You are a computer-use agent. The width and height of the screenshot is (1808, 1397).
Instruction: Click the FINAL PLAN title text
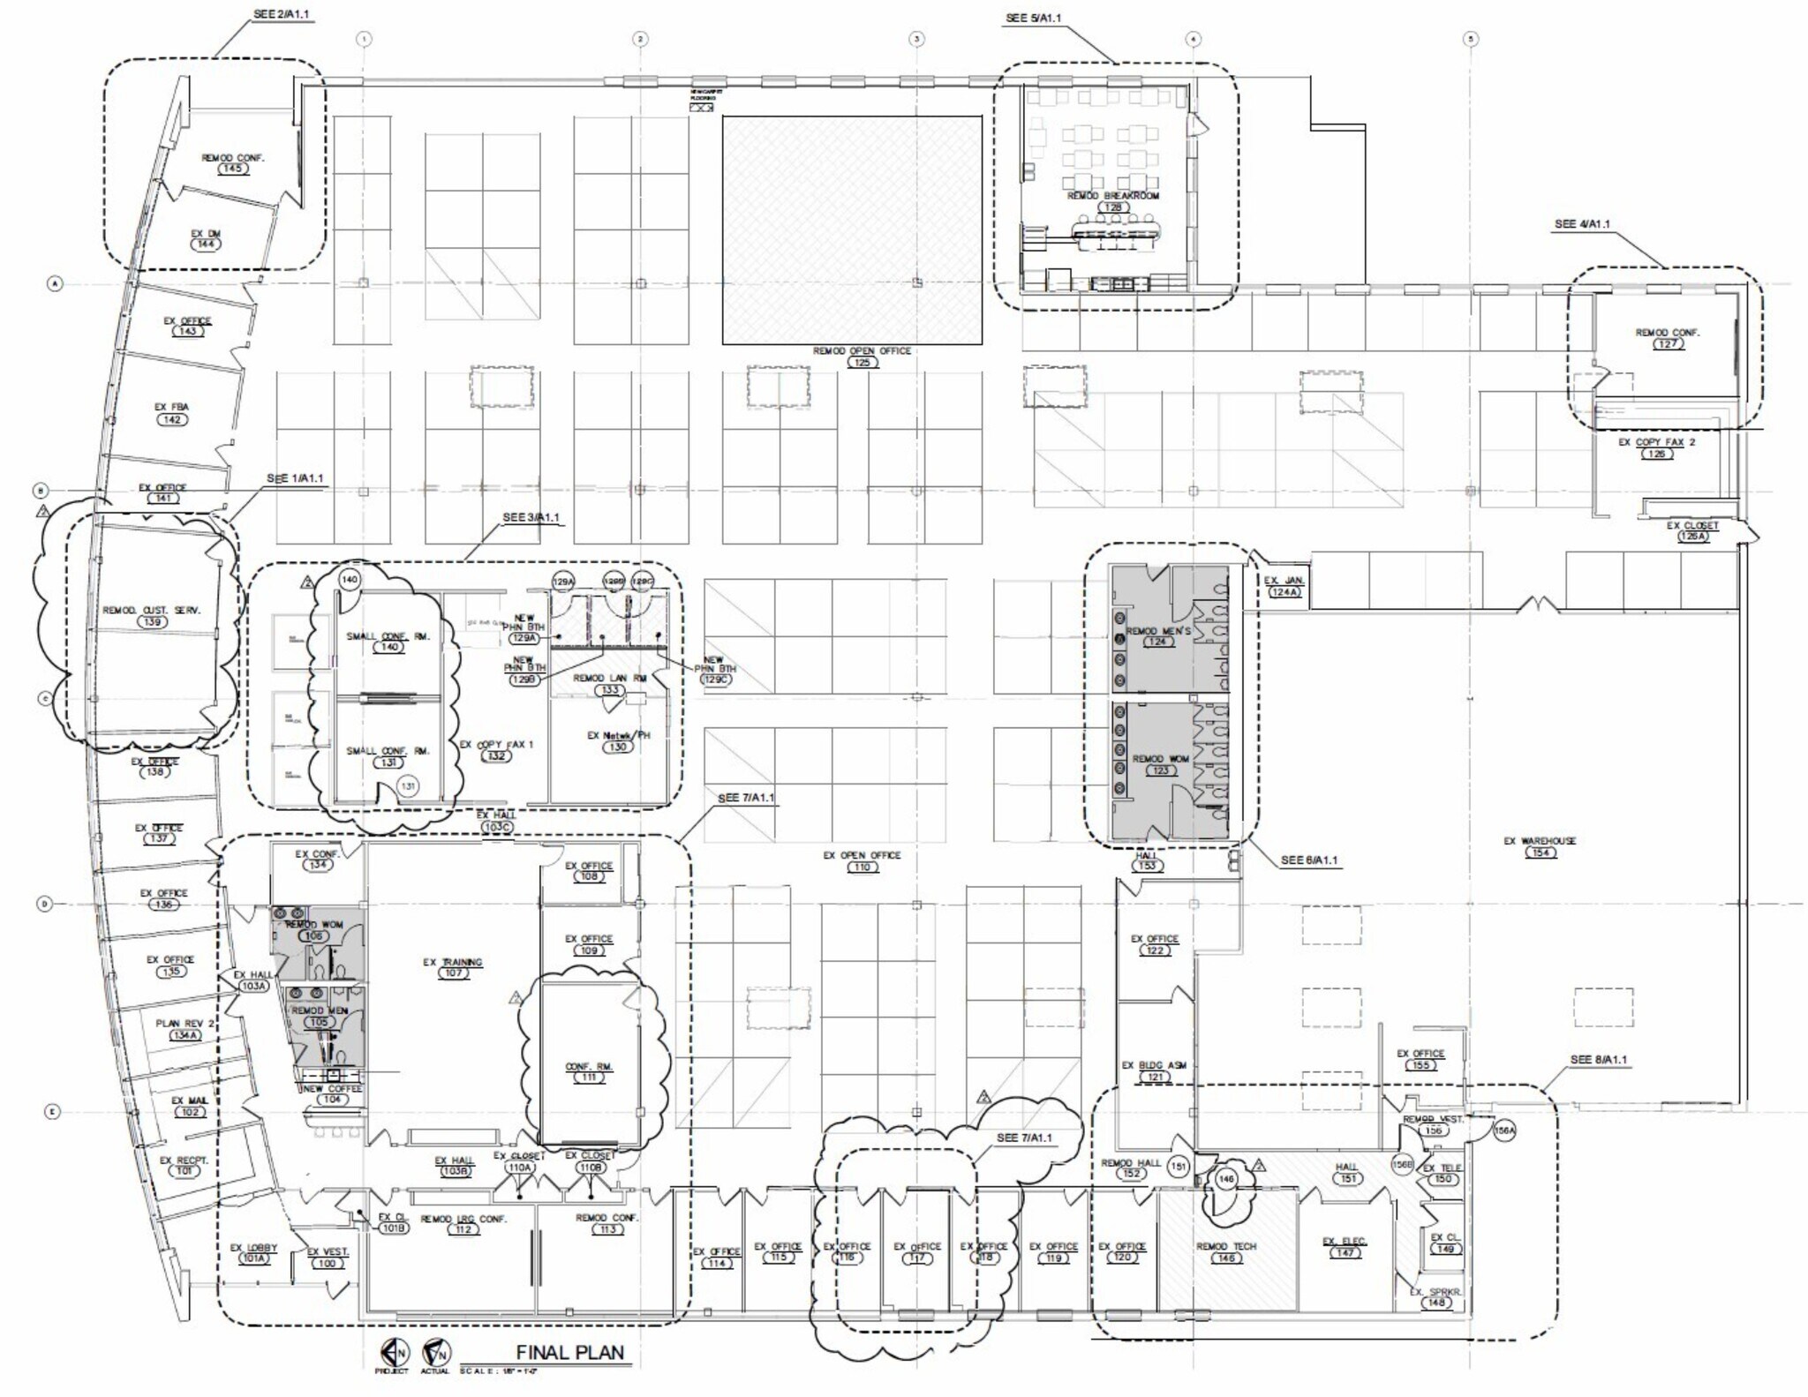pyautogui.click(x=569, y=1352)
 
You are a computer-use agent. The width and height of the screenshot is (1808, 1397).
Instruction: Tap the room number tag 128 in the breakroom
pyautogui.click(x=1113, y=207)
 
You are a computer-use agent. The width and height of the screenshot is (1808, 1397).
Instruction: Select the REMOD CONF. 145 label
pyautogui.click(x=232, y=162)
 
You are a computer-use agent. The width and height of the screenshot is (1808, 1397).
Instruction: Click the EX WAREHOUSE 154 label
pyautogui.click(x=1540, y=846)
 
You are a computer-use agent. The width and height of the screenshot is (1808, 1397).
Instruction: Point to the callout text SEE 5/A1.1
pyautogui.click(x=1033, y=18)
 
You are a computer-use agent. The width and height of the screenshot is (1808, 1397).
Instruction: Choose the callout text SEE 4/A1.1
pyautogui.click(x=1582, y=224)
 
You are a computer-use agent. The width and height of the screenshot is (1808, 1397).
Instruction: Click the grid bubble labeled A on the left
pyautogui.click(x=55, y=283)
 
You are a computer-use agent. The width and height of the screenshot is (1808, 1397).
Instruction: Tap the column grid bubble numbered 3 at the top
pyautogui.click(x=916, y=39)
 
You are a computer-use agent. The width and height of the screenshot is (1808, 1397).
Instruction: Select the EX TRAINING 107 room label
pyautogui.click(x=452, y=967)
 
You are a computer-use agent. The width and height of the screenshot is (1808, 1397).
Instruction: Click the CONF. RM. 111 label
pyautogui.click(x=588, y=1071)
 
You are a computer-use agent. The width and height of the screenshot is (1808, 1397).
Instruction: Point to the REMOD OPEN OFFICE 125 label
pyautogui.click(x=862, y=356)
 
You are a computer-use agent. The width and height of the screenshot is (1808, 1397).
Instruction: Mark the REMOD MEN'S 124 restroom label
pyautogui.click(x=1157, y=636)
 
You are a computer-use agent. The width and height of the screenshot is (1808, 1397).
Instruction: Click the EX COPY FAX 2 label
pyautogui.click(x=1656, y=447)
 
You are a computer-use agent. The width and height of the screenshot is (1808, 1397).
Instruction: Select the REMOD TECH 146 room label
pyautogui.click(x=1225, y=1251)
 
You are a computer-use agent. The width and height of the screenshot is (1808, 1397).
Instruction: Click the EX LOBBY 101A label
pyautogui.click(x=253, y=1252)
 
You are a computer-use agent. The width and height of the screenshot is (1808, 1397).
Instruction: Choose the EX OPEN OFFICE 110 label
pyautogui.click(x=862, y=860)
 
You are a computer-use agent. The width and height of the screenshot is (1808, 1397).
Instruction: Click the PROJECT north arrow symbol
pyautogui.click(x=392, y=1351)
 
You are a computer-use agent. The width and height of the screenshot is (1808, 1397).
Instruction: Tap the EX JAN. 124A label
pyautogui.click(x=1284, y=586)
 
